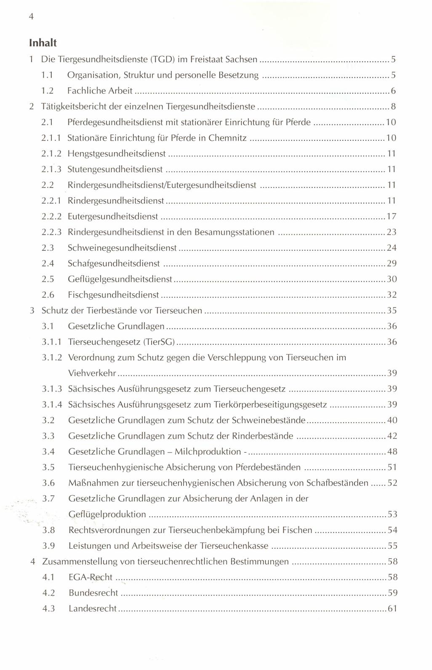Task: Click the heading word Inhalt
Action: coord(43,43)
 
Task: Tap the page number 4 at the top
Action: coord(31,16)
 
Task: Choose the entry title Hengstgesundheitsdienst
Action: coord(117,154)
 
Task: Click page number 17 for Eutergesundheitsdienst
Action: coord(392,217)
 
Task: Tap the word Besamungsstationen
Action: coord(235,232)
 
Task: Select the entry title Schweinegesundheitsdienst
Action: coord(122,248)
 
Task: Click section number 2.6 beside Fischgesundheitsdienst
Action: coord(48,295)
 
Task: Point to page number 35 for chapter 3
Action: coord(392,311)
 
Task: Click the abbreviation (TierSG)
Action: coord(159,342)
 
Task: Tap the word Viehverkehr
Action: coord(92,373)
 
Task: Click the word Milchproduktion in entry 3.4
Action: coord(208,452)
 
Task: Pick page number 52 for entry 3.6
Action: coord(392,483)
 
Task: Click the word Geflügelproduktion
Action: coord(107,515)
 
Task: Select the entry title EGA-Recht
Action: coord(91,577)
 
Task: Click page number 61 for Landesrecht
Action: coord(392,609)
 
